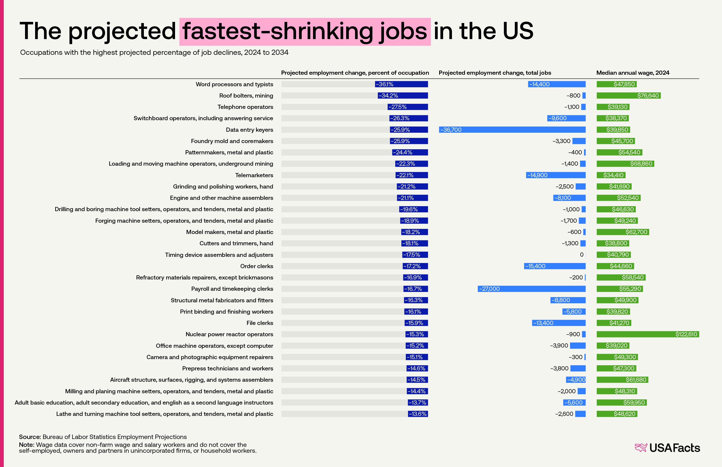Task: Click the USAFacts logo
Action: (x=667, y=448)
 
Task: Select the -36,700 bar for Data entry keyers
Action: (x=512, y=130)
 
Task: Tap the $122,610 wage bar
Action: (x=648, y=334)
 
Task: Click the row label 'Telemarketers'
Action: (x=254, y=175)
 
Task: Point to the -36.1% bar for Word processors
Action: (x=401, y=84)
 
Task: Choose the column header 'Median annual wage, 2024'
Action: (x=633, y=73)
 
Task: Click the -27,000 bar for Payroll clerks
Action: (x=531, y=289)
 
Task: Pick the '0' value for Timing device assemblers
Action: (x=582, y=255)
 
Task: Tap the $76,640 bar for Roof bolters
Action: (x=629, y=96)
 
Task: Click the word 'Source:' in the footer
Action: (x=30, y=437)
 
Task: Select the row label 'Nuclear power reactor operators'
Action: (x=229, y=334)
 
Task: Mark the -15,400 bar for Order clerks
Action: (x=555, y=266)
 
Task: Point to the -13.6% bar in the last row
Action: (x=418, y=414)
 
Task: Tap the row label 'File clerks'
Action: (x=260, y=323)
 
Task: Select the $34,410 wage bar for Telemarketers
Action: (x=611, y=175)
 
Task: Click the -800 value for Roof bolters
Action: (x=573, y=96)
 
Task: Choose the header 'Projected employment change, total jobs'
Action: (x=495, y=73)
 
